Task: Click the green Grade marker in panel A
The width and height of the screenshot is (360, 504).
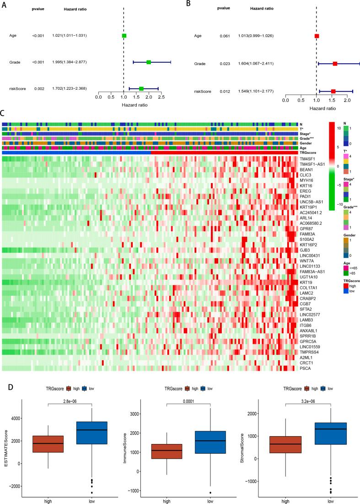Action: pyautogui.click(x=149, y=62)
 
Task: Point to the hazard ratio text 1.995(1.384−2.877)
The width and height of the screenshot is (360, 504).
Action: pyautogui.click(x=69, y=62)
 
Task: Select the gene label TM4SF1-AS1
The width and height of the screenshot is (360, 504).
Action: pyautogui.click(x=312, y=164)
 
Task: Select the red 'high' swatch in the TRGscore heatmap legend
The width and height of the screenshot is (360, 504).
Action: pyautogui.click(x=346, y=285)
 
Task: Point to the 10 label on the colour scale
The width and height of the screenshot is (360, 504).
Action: pyautogui.click(x=339, y=129)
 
